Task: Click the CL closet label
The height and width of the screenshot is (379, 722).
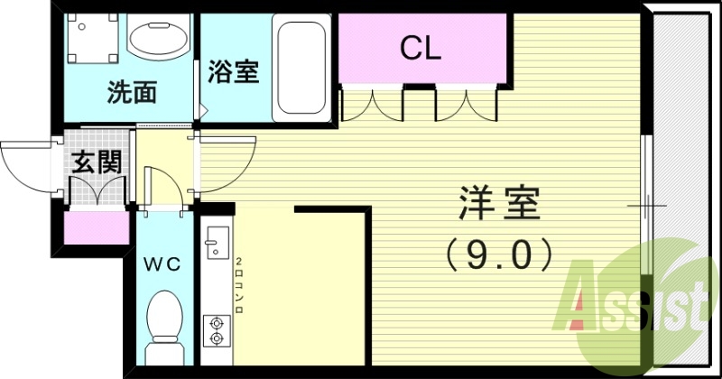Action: [421, 48]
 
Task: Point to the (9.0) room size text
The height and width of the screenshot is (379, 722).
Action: [498, 255]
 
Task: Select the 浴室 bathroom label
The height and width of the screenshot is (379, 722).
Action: [234, 72]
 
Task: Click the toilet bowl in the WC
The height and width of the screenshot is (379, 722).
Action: [164, 320]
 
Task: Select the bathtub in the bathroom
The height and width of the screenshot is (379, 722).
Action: [302, 66]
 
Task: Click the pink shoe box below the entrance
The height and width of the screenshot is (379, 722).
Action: [97, 227]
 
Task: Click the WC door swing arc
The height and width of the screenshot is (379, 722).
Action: [162, 185]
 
